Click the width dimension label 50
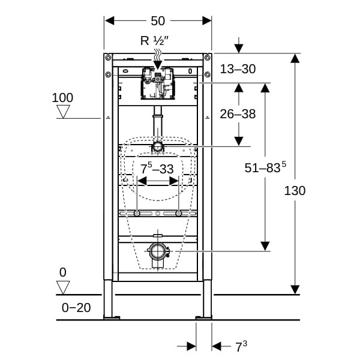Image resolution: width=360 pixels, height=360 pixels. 158,20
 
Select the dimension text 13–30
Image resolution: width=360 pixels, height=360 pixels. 238,69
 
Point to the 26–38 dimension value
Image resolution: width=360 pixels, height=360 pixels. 238,114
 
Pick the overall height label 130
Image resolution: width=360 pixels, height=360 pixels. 295,191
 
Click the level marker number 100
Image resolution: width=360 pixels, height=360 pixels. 62,97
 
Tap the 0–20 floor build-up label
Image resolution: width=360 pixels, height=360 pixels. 76,308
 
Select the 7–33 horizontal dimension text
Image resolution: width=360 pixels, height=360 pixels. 157,169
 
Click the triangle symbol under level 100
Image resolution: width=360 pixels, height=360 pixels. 63,112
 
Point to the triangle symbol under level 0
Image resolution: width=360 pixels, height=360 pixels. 63,287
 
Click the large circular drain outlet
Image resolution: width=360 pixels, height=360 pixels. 158,251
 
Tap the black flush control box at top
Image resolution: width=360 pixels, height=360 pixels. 158,83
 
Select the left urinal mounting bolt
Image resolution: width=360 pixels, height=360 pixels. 138,214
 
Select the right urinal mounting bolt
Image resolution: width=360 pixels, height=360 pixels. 178,214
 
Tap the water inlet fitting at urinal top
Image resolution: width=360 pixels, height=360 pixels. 157,146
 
